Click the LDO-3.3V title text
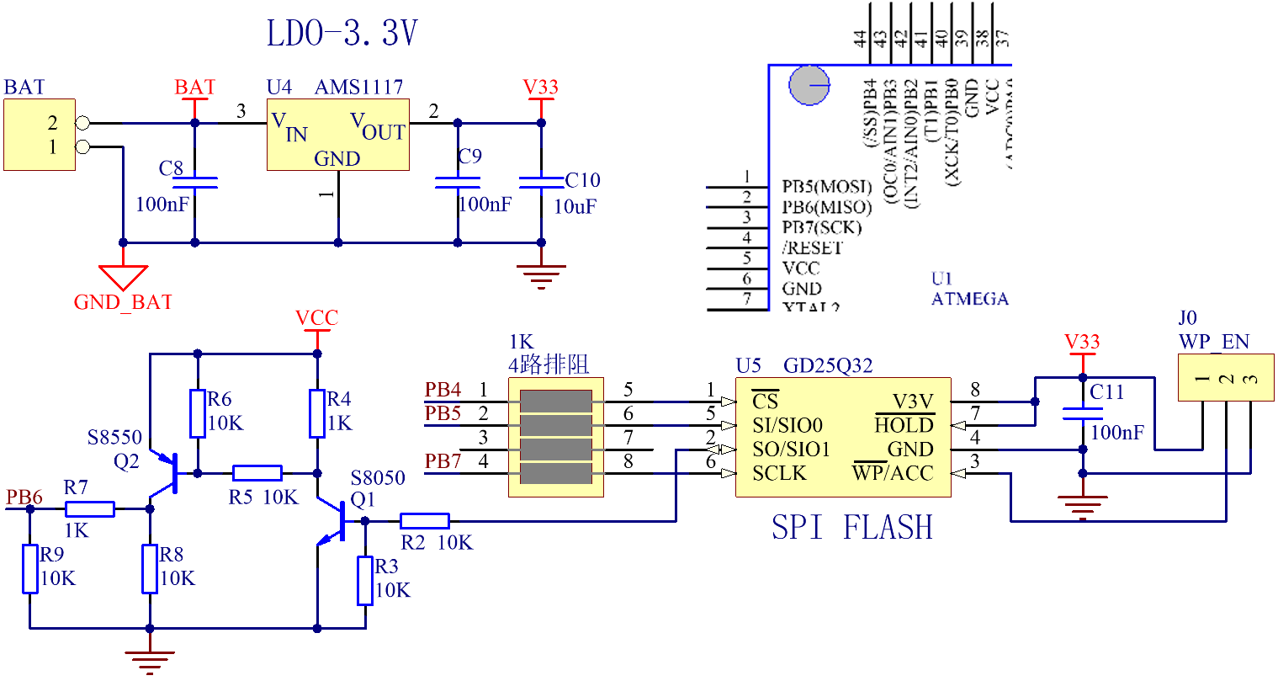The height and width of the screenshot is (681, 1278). (342, 35)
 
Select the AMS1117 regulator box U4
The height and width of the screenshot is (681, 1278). (337, 135)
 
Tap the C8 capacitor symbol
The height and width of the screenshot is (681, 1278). (195, 182)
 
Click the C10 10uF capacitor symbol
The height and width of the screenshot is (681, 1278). (541, 182)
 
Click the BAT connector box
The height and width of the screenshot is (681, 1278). (40, 135)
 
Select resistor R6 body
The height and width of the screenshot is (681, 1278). (197, 413)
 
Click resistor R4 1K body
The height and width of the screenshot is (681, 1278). (317, 413)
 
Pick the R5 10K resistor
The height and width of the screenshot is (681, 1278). (257, 473)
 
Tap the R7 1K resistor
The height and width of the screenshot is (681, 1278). (90, 508)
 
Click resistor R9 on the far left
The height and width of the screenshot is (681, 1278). (30, 569)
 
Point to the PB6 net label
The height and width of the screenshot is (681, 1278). (24, 497)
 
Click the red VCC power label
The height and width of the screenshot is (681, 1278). (316, 318)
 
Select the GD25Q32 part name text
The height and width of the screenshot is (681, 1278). (828, 365)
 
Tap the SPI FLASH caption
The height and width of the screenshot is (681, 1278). (852, 528)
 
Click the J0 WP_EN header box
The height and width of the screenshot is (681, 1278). (1226, 378)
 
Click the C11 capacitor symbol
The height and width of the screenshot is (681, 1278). (1082, 413)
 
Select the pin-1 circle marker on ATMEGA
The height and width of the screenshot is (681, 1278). (809, 85)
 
